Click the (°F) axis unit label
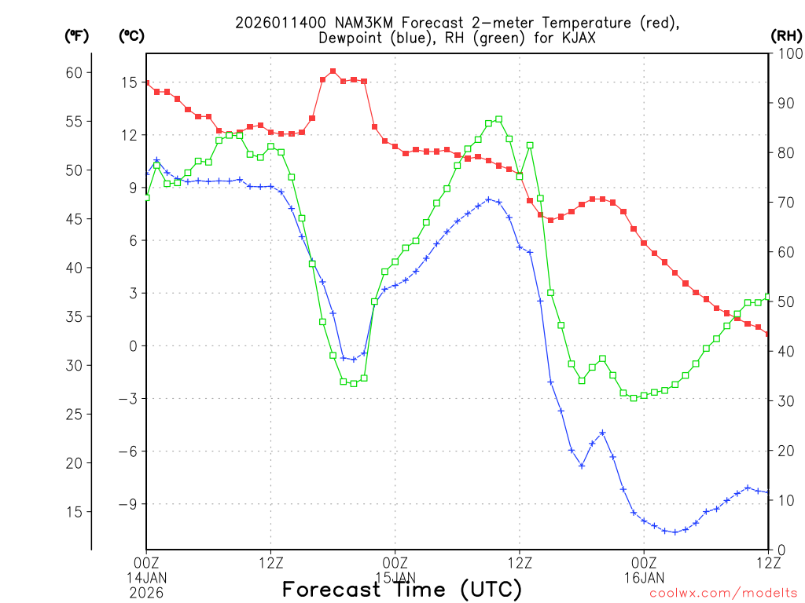click(x=77, y=35)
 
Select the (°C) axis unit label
click(x=131, y=35)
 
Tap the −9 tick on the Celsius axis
click(x=129, y=504)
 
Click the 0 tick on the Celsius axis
click(x=134, y=345)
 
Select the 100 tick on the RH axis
click(x=788, y=53)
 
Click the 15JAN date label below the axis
click(x=395, y=578)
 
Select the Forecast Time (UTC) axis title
click(x=402, y=589)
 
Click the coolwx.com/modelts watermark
click(x=723, y=594)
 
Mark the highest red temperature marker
click(x=333, y=71)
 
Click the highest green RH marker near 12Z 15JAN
click(x=499, y=119)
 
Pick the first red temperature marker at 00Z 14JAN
click(x=146, y=83)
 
